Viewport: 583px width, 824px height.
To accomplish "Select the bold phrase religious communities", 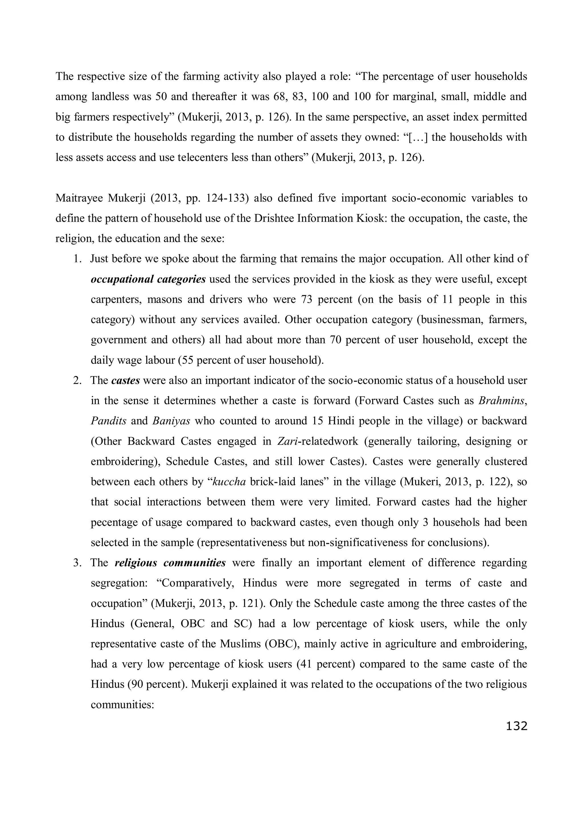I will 170,563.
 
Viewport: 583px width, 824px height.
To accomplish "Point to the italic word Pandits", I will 108,421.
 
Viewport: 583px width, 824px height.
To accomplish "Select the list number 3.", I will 77,563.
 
